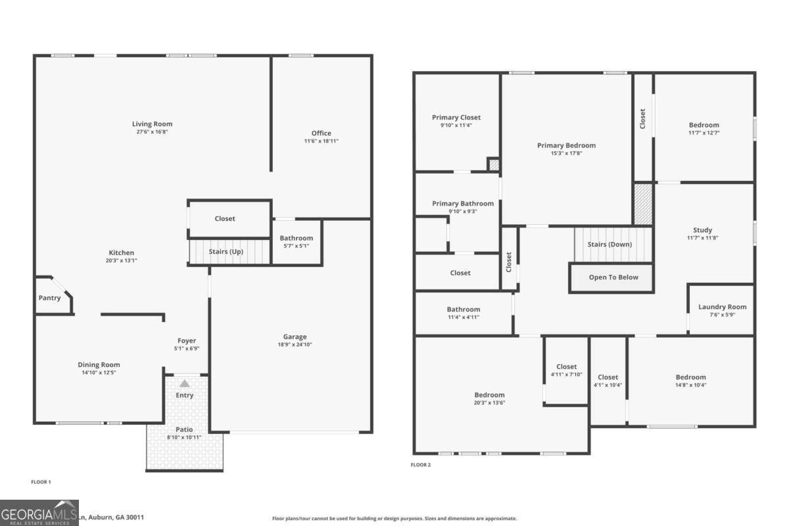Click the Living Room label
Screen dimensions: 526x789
(x=152, y=124)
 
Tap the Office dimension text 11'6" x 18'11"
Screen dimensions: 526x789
(x=321, y=141)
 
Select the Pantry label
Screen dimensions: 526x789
(x=49, y=298)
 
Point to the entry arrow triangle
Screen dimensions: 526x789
(x=185, y=383)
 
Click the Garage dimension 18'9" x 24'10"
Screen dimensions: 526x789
(x=295, y=345)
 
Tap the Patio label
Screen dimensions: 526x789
(x=184, y=429)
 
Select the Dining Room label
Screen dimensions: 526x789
(x=99, y=365)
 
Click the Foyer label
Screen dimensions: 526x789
(x=186, y=341)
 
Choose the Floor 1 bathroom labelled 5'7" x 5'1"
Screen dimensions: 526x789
(x=297, y=241)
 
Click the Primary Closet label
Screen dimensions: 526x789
(x=456, y=118)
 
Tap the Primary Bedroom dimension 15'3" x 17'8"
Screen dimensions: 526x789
(x=566, y=153)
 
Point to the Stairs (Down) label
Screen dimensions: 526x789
(x=610, y=245)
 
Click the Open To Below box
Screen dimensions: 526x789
(x=613, y=277)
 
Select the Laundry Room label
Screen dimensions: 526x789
(x=722, y=307)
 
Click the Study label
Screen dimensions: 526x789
(x=702, y=230)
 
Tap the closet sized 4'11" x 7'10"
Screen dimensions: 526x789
(x=566, y=370)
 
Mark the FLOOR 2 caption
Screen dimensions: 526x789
(x=421, y=465)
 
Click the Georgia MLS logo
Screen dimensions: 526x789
(x=39, y=513)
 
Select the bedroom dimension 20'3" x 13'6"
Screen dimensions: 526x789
(x=490, y=402)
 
